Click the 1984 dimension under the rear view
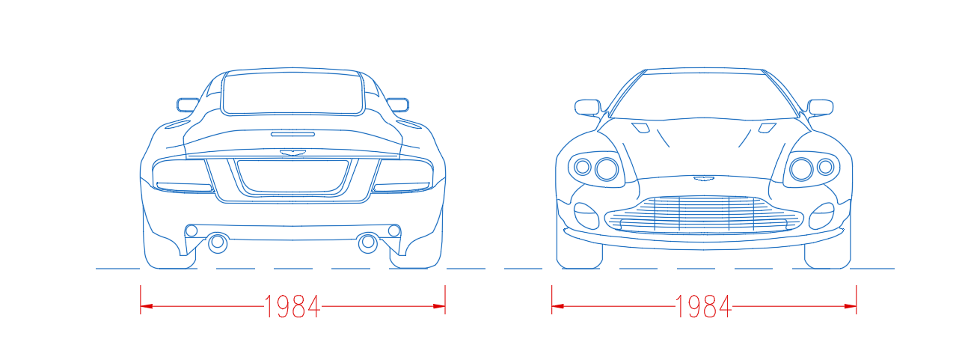click(292, 307)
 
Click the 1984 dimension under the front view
click(703, 307)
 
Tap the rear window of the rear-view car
click(293, 94)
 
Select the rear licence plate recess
click(293, 176)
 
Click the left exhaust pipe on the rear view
click(218, 242)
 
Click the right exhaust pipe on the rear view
click(368, 242)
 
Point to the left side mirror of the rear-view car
click(188, 105)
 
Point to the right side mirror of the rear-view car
click(398, 105)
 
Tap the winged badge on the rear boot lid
click(293, 152)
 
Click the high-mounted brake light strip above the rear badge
click(293, 134)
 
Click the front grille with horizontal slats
click(704, 214)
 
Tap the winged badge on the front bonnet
click(704, 178)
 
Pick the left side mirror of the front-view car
click(588, 107)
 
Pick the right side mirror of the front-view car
click(820, 107)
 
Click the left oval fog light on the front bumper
click(586, 216)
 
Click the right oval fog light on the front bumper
click(821, 216)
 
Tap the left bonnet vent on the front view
click(641, 128)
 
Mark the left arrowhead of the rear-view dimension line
click(147, 306)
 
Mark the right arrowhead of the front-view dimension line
click(851, 306)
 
